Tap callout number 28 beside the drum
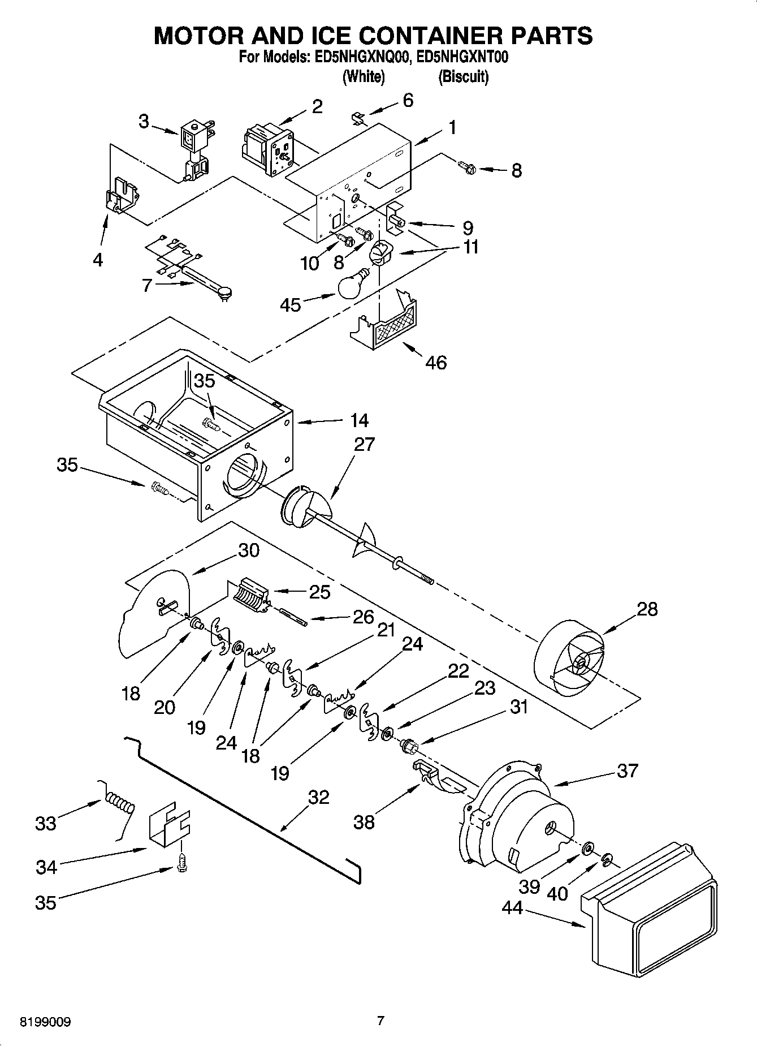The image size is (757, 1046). [647, 609]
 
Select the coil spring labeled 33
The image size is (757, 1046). [119, 804]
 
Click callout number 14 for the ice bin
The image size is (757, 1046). [359, 420]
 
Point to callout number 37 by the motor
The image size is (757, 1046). [627, 770]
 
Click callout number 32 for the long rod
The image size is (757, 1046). [319, 797]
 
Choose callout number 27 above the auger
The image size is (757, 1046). [364, 445]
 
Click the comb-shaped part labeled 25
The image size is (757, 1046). [249, 595]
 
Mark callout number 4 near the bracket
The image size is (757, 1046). [98, 260]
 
